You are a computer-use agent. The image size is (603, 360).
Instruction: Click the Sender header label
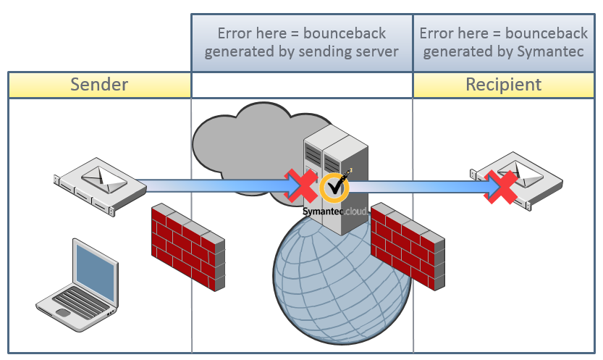[99, 84]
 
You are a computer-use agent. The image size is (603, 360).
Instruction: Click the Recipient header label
[503, 84]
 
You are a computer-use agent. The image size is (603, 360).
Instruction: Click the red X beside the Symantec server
[301, 185]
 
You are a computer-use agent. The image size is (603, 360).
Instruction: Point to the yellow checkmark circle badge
[334, 188]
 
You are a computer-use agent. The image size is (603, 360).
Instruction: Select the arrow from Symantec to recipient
[420, 186]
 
